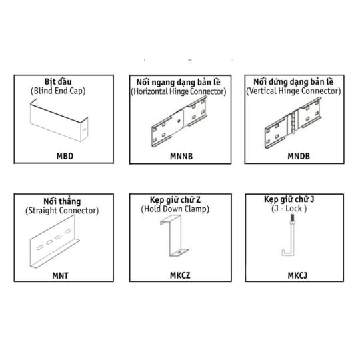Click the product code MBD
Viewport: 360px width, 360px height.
click(65, 156)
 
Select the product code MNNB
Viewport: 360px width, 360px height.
click(181, 157)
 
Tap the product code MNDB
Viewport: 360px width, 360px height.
click(299, 156)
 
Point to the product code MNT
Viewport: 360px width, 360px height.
click(61, 275)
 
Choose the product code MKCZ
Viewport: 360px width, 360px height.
click(180, 275)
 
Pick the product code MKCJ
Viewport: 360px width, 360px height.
click(297, 275)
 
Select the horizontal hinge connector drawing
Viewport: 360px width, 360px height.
click(179, 121)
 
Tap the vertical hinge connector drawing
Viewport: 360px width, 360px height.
click(293, 123)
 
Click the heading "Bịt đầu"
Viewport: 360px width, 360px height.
click(58, 81)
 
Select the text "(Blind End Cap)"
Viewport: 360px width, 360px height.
click(58, 91)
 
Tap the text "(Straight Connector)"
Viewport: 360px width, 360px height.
click(62, 211)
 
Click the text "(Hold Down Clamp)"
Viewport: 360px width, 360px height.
click(175, 209)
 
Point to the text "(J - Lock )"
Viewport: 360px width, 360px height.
click(289, 209)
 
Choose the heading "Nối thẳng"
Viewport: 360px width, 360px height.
click(62, 201)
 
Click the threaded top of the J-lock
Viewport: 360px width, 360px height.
click(292, 218)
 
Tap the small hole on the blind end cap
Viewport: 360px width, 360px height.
click(85, 130)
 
